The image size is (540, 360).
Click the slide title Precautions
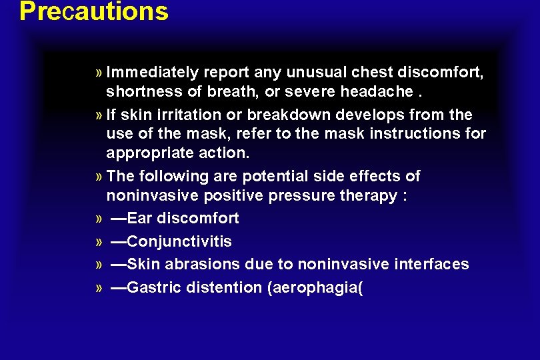coord(94,11)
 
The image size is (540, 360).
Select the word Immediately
coord(152,71)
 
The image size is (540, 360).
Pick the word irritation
coord(181,114)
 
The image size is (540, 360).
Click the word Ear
coord(139,218)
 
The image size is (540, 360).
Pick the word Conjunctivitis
coord(179,241)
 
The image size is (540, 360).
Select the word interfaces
coord(431,264)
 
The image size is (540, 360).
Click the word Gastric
coord(151,287)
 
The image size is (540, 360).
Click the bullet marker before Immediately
coord(99,72)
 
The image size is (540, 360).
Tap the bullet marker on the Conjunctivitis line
coord(99,242)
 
